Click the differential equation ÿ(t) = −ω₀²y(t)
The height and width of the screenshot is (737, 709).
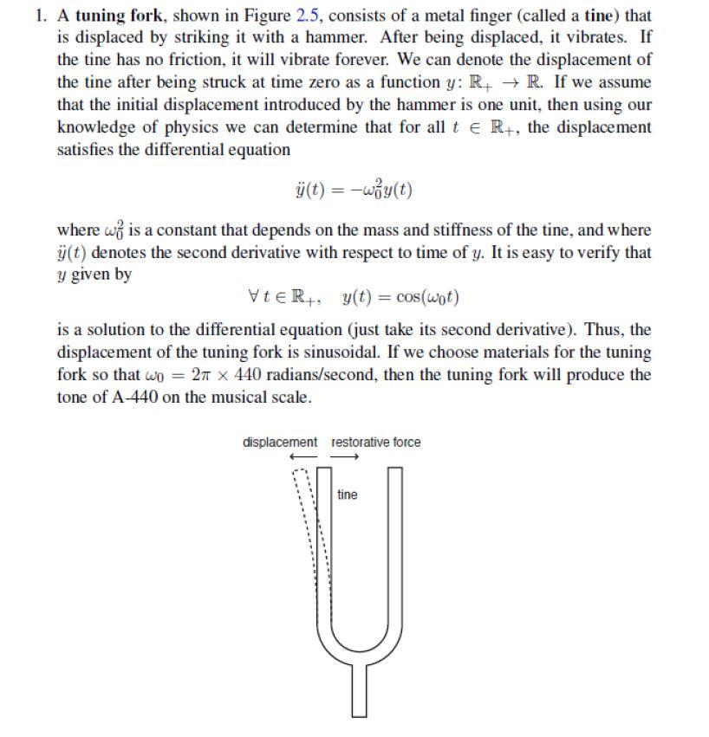pos(353,189)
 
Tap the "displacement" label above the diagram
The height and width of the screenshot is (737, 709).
pos(280,443)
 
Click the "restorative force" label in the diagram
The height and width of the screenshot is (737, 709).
pos(376,443)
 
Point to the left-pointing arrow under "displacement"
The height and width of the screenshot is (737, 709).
pos(302,457)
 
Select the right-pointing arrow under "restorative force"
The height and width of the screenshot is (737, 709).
pos(344,457)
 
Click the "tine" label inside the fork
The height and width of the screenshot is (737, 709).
pos(347,495)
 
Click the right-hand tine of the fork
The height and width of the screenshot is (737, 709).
pos(394,537)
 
